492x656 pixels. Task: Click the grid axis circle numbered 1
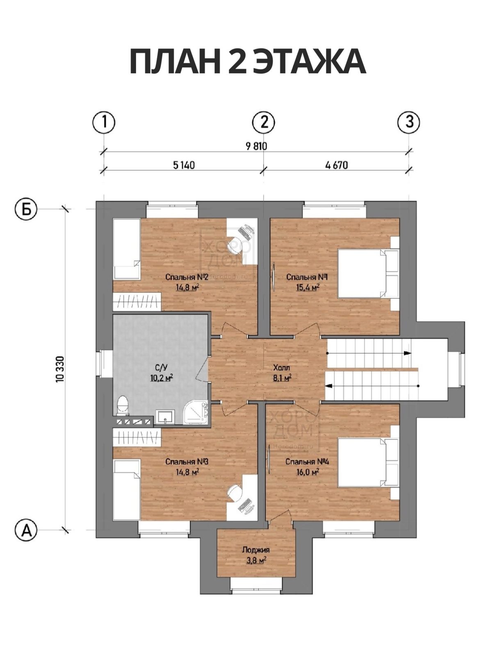pos(104,122)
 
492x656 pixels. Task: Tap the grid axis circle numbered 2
pos(264,122)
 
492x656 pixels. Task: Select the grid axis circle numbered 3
pos(409,122)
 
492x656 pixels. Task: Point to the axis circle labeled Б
pos(26,210)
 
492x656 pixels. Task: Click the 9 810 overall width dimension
pos(256,146)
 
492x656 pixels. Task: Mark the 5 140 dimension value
pos(184,165)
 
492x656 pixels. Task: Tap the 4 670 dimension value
pos(337,165)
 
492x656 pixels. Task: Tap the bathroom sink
pos(166,417)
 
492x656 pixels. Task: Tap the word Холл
pos(282,368)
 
